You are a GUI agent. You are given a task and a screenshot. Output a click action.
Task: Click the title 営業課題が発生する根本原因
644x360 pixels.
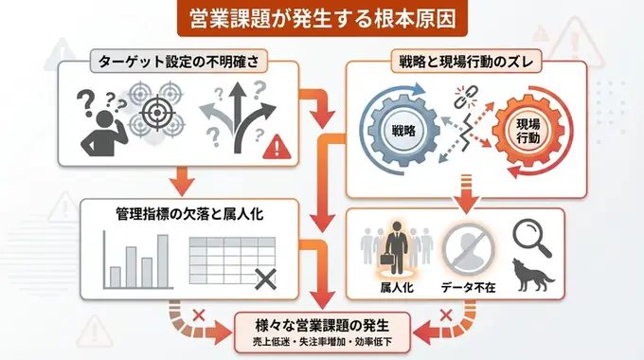(321, 18)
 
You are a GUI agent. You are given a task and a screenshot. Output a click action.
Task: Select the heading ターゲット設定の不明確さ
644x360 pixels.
(178, 62)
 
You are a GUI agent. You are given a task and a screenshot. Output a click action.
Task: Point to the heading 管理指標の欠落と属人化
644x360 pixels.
(188, 214)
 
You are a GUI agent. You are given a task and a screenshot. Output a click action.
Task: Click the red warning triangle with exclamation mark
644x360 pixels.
(276, 146)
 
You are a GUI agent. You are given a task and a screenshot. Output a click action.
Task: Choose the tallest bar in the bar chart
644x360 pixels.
(163, 260)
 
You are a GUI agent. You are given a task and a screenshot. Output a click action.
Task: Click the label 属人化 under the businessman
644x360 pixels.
(396, 288)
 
